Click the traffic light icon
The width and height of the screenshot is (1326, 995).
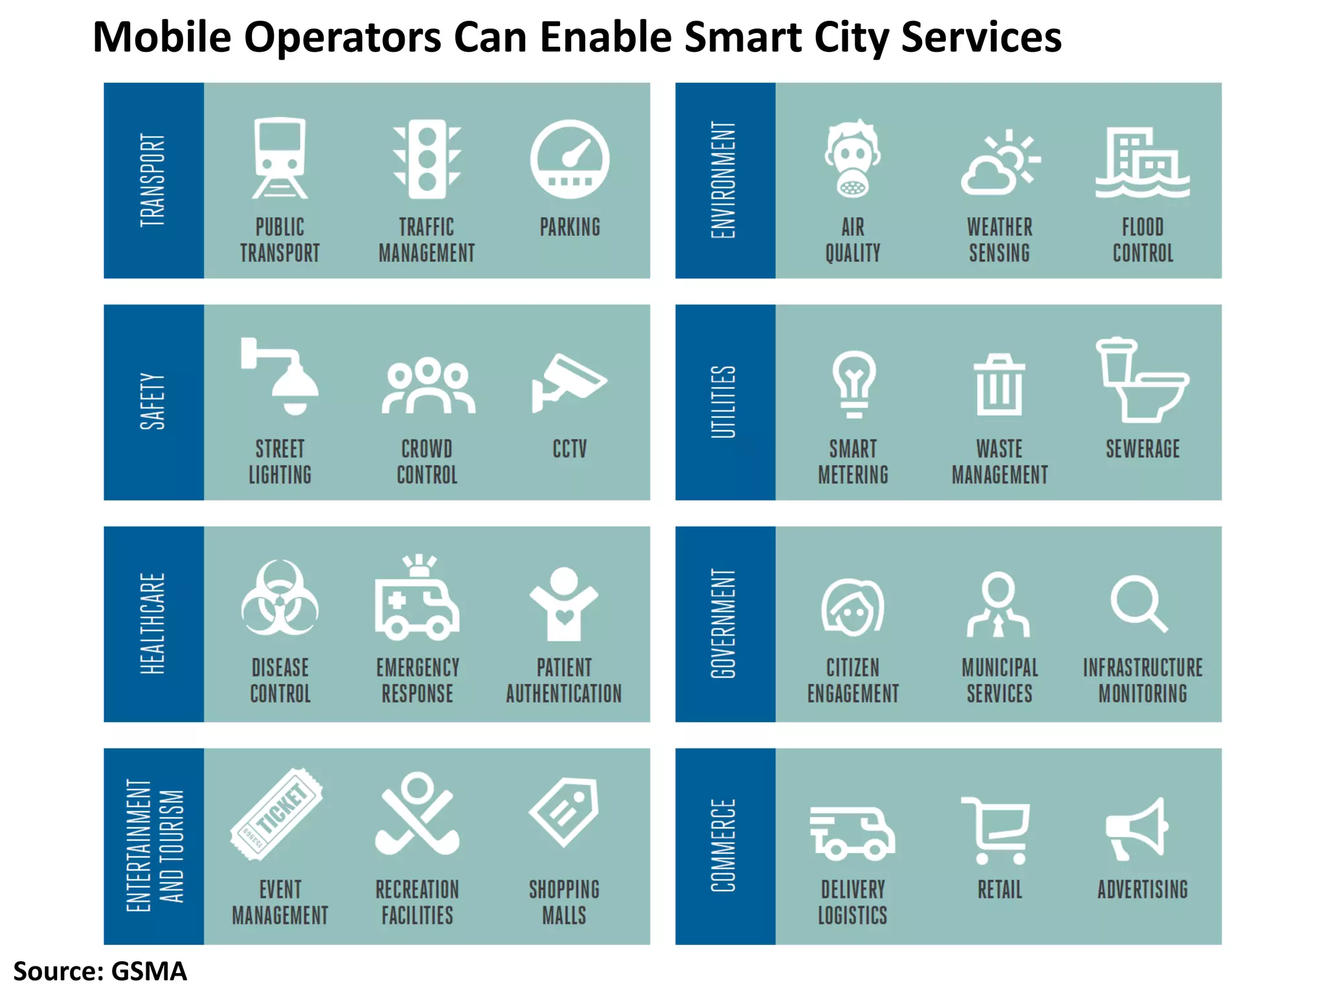(x=427, y=159)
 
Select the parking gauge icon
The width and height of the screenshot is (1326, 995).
(x=570, y=159)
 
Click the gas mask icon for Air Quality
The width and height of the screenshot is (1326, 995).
(x=853, y=159)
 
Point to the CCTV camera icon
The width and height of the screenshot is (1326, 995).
(x=568, y=382)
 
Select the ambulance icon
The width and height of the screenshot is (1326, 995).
(x=417, y=599)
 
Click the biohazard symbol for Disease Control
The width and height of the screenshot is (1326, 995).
(x=280, y=599)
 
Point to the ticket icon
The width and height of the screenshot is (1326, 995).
(x=277, y=814)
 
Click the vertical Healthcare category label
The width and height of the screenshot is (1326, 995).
(x=153, y=623)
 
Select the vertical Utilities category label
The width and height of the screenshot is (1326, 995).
(x=724, y=402)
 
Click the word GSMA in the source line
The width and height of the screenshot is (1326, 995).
(x=149, y=971)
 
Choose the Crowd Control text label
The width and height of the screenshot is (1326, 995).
(x=427, y=462)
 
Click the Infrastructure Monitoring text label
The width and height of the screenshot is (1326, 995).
(x=1143, y=680)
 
